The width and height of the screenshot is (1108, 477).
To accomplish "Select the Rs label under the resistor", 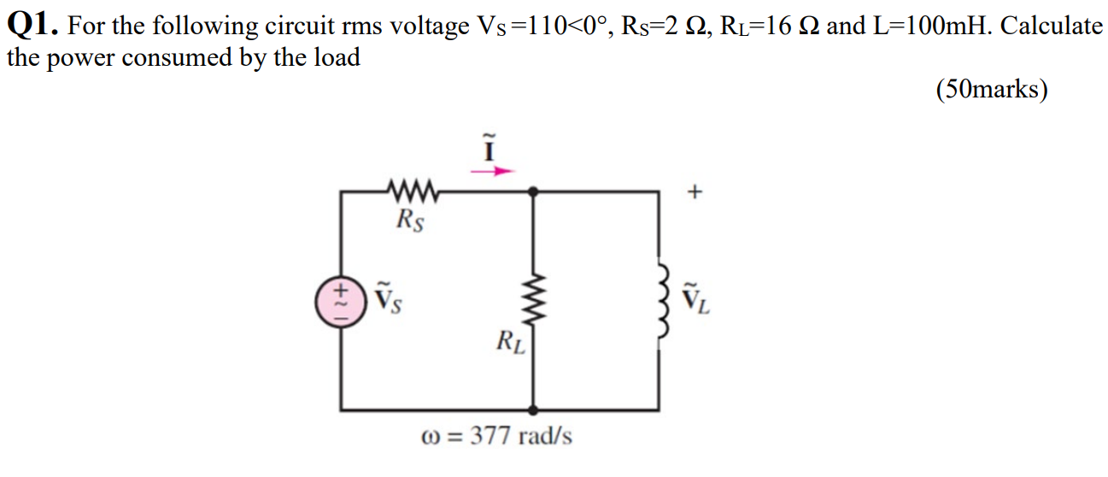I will pos(412,221).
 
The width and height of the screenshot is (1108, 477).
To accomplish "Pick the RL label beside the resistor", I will pos(512,344).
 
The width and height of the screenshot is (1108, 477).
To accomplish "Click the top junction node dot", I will pos(535,192).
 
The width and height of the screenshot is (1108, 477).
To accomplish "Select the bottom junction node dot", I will pos(535,410).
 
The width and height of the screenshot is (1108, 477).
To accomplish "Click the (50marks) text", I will pos(991,89).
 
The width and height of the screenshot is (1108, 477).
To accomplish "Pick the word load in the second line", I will pos(334,58).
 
